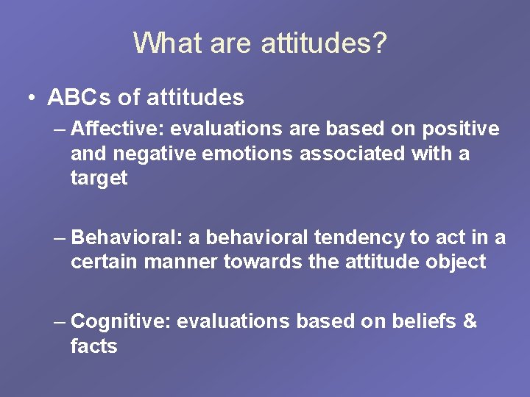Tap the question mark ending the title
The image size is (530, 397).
tap(378, 43)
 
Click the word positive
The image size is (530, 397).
tap(461, 129)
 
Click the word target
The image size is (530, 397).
tap(99, 179)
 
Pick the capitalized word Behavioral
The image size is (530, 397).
tap(128, 237)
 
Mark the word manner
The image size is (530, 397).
tap(183, 262)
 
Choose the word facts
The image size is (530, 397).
tap(93, 346)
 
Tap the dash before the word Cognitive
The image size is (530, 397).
tap(61, 322)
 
